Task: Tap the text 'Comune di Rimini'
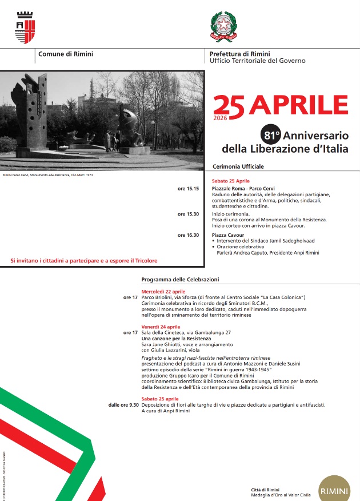[66, 54]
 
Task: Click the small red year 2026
[220, 118]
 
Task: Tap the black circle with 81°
[271, 136]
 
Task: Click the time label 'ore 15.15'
[188, 188]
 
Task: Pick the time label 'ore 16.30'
[188, 234]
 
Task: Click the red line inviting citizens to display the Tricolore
[83, 261]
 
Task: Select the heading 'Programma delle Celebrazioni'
[180, 280]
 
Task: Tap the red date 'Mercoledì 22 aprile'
[163, 292]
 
